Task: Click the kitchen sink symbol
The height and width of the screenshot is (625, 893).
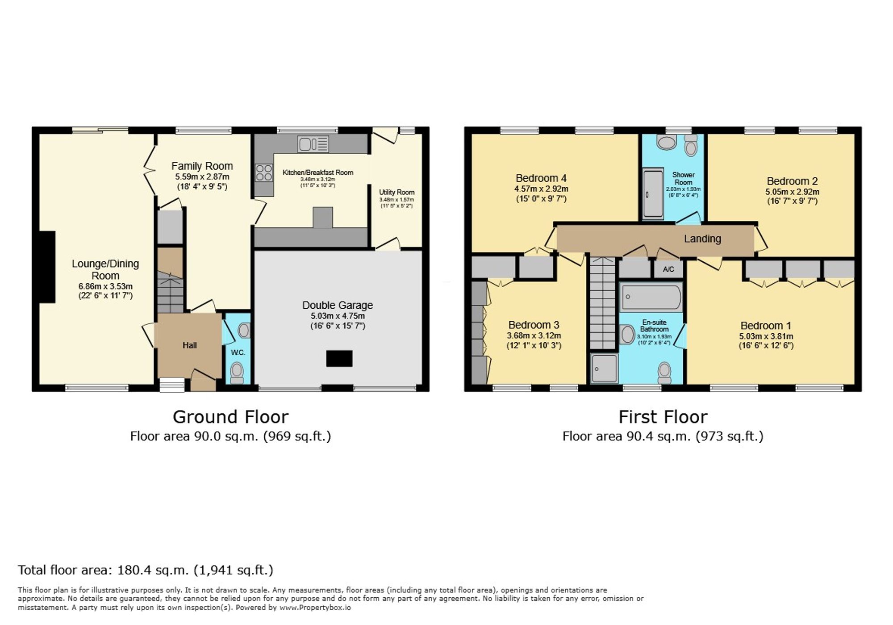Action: tap(313, 144)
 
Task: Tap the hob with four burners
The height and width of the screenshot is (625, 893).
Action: tap(264, 172)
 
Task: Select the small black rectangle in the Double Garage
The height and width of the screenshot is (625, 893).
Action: tap(339, 359)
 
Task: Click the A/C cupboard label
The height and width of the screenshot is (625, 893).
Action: tap(668, 269)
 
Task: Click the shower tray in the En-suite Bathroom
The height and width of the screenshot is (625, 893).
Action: tap(604, 369)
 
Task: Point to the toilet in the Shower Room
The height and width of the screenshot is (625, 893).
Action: tap(691, 145)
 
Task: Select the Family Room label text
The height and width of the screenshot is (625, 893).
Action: tap(202, 166)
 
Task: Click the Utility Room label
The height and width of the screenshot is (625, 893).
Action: tap(396, 192)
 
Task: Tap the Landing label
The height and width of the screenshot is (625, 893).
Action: tap(702, 239)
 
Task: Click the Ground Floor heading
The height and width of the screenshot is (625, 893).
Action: tap(230, 417)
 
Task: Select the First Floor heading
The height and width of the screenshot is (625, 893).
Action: tap(663, 417)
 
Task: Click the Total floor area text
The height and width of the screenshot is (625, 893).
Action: tap(145, 570)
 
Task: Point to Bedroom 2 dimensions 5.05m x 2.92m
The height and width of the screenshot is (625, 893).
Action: tap(792, 192)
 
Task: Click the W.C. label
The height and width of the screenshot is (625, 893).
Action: tap(238, 352)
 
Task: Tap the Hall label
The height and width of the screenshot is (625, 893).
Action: tap(189, 345)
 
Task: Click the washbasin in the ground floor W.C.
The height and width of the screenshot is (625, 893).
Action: tap(244, 331)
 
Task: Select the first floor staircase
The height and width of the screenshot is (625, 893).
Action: tap(602, 304)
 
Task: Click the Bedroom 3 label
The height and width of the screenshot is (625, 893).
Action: tap(534, 325)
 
